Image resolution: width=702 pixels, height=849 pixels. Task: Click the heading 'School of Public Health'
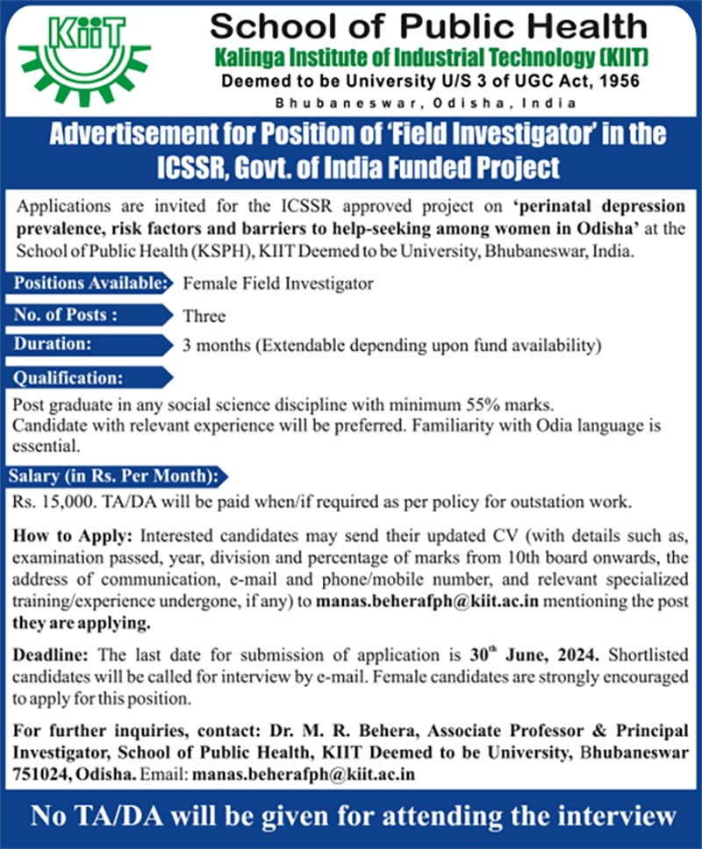point(427,27)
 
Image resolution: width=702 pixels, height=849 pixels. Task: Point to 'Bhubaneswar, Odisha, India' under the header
point(426,103)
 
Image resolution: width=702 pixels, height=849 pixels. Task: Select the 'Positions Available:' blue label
point(90,283)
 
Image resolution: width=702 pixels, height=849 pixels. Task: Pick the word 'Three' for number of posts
point(204,315)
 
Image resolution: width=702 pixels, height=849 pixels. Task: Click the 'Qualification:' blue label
point(69,378)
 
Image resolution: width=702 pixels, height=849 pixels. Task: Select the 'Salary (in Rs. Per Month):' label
point(113,476)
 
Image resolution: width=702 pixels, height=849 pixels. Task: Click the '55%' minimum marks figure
point(473,407)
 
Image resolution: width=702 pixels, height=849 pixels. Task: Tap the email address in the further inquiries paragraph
point(304,774)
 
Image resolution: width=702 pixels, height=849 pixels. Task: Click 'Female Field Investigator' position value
point(277,283)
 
